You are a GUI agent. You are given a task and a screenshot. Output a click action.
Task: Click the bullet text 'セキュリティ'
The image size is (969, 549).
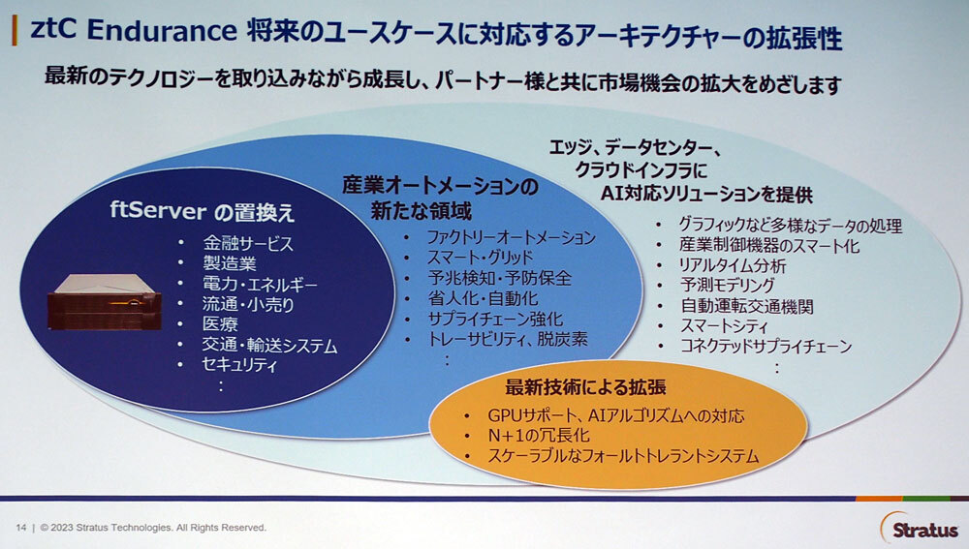(x=240, y=366)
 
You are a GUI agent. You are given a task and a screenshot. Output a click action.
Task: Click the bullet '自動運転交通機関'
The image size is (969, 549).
(x=746, y=306)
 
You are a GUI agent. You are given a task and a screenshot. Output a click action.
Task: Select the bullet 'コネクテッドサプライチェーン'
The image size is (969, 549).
(x=766, y=347)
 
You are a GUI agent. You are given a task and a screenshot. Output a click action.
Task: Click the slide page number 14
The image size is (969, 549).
(x=20, y=528)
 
